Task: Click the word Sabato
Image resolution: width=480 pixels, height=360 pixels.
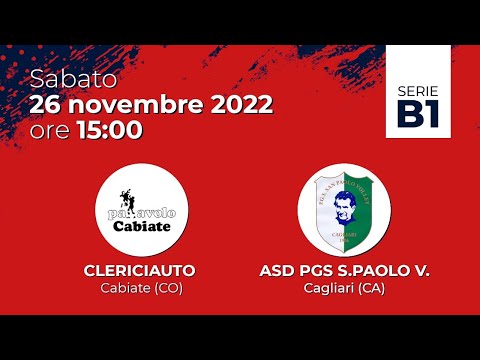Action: point(73,78)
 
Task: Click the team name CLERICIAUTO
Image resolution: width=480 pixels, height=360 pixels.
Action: point(141,271)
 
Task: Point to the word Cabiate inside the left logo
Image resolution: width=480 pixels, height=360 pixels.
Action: point(141,225)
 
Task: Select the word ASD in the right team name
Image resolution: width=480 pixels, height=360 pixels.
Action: point(276,271)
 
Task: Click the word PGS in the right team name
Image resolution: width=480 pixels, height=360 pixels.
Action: point(320,271)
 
